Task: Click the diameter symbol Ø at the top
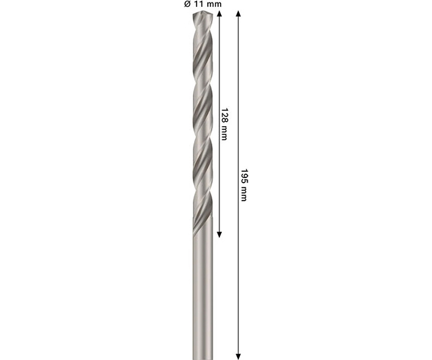point(187,5)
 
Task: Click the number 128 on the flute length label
point(225,115)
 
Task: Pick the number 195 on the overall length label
point(244,176)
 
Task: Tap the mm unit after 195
point(244,194)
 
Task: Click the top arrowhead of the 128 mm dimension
point(219,13)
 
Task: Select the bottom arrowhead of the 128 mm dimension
point(219,234)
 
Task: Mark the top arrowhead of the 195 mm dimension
point(238,13)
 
